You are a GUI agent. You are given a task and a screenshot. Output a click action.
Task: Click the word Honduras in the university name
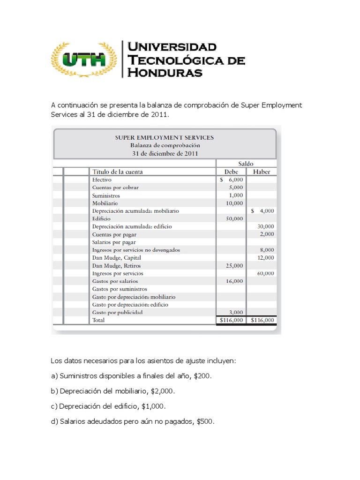165,73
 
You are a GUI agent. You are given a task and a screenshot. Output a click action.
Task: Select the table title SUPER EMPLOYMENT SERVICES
165,137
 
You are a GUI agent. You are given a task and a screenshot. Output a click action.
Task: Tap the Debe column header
232,172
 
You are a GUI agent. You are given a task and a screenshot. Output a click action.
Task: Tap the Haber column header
262,172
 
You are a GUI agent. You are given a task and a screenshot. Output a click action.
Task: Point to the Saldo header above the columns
246,164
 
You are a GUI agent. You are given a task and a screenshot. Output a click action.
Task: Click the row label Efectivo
102,180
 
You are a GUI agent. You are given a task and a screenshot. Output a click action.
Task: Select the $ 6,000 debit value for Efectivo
232,180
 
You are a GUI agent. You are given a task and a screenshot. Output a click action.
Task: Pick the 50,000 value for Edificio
234,218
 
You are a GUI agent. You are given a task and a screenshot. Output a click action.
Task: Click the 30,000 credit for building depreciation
266,226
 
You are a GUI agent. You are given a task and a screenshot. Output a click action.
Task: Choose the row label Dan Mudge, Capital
116,258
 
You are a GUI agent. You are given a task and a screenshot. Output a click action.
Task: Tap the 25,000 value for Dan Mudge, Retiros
234,265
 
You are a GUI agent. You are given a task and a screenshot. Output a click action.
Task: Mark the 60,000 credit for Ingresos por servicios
266,273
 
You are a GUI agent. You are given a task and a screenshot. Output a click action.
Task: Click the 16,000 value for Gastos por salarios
234,281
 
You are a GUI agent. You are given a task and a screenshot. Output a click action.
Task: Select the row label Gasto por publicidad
117,312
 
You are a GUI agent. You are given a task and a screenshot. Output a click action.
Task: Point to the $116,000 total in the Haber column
262,320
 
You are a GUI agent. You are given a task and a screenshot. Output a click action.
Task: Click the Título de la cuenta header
118,172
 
